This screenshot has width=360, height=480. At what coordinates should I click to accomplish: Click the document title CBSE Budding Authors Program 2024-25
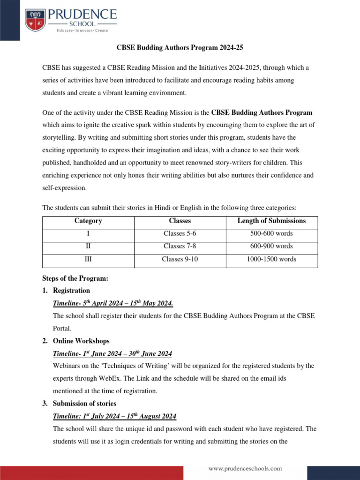pyautogui.click(x=180, y=47)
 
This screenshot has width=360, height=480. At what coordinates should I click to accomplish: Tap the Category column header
pyautogui.click(x=88, y=221)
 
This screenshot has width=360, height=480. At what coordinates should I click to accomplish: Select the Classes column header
pyautogui.click(x=180, y=221)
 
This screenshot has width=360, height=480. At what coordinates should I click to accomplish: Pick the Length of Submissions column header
pyautogui.click(x=271, y=221)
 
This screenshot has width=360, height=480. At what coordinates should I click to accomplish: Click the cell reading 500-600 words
pyautogui.click(x=271, y=233)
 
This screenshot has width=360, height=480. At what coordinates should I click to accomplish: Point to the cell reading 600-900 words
pyautogui.click(x=271, y=246)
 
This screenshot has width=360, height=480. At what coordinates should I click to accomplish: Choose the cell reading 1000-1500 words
pyautogui.click(x=271, y=259)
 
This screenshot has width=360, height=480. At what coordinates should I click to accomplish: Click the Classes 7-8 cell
pyautogui.click(x=180, y=246)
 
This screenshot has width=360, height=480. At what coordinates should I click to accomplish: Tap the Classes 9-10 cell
pyautogui.click(x=180, y=259)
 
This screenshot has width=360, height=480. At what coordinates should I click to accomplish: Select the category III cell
pyautogui.click(x=88, y=259)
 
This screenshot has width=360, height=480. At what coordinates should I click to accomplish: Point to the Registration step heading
pyautogui.click(x=72, y=291)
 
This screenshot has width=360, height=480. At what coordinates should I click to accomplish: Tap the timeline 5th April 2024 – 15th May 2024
pyautogui.click(x=116, y=303)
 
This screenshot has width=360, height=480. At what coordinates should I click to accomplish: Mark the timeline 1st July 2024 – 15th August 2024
pyautogui.click(x=115, y=416)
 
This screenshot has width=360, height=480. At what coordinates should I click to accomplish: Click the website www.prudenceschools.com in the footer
pyautogui.click(x=245, y=468)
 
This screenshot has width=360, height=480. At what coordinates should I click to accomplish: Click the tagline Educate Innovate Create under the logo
pyautogui.click(x=82, y=30)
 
